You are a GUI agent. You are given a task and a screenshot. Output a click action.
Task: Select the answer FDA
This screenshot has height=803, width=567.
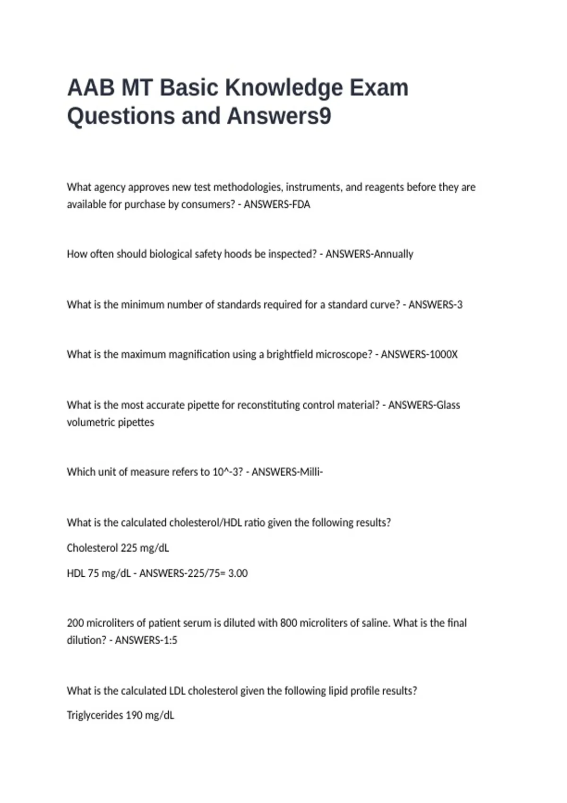pos(301,205)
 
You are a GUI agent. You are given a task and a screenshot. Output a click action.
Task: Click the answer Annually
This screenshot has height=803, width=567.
pos(393,254)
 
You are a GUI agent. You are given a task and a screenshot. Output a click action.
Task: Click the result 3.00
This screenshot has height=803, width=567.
pos(238,573)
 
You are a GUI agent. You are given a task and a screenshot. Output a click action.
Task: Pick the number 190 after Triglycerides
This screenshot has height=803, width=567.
pos(134,716)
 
